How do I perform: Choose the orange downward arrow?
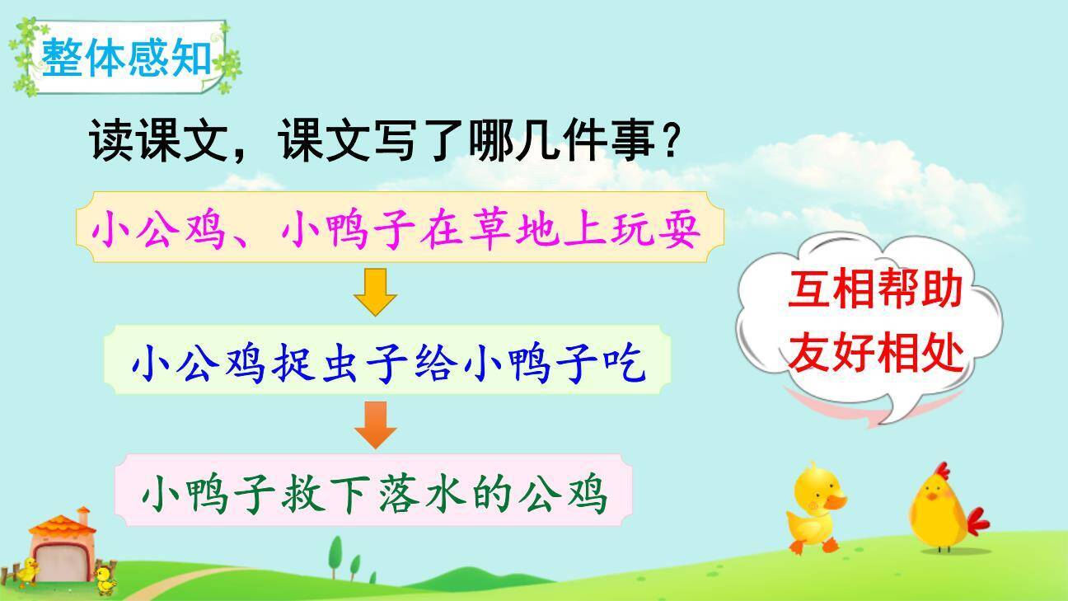[376, 425]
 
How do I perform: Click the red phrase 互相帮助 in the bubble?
[874, 292]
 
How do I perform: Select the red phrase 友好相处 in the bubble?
[874, 354]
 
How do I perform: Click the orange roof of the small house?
[61, 527]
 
